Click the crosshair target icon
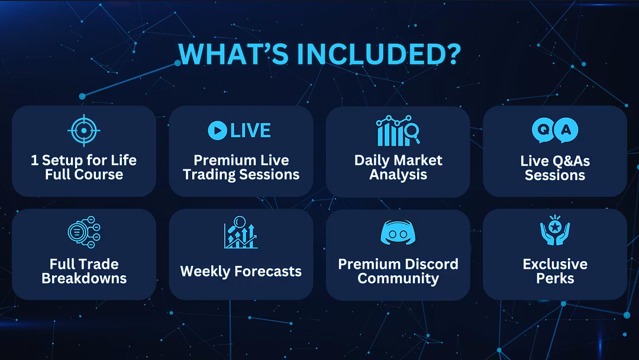84,130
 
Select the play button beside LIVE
218,130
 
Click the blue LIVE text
251,130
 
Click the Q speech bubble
543,130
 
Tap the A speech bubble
566,130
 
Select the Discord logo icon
398,232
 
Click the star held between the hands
555,226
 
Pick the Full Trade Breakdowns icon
84,232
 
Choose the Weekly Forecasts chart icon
241,232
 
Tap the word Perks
555,278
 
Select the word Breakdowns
84,278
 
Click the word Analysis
398,175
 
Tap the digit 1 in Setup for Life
35,160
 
